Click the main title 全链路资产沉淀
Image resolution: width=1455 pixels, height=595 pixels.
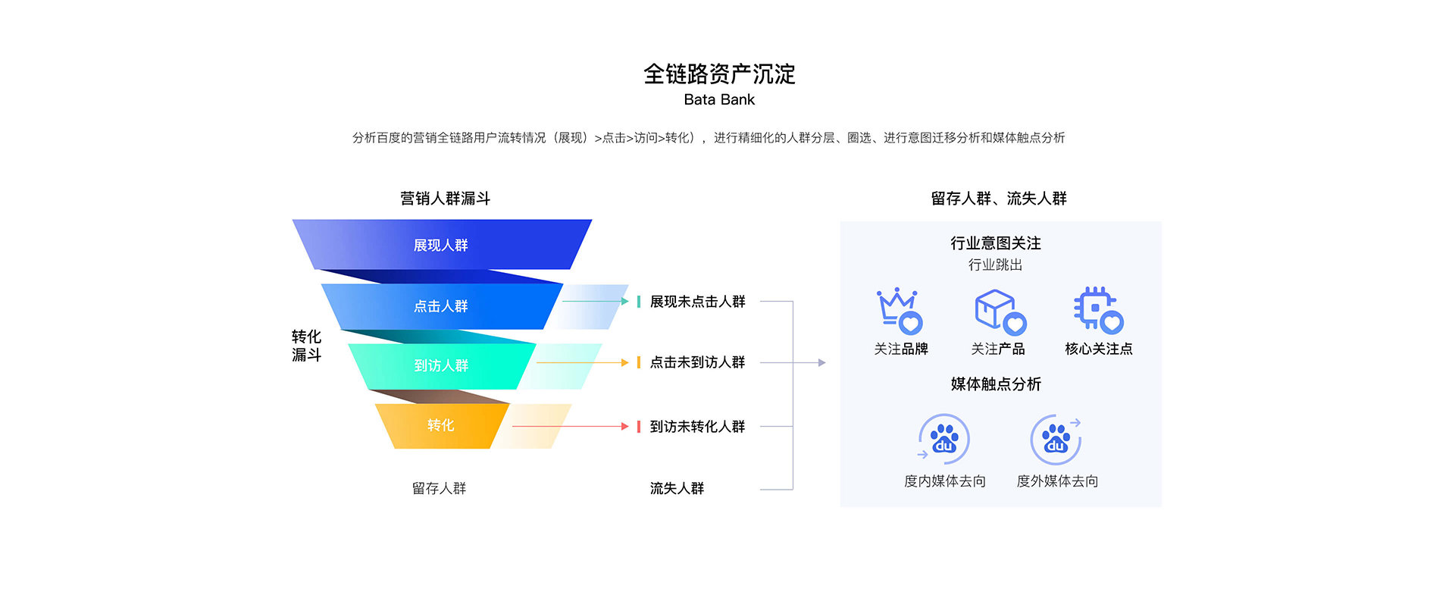(719, 74)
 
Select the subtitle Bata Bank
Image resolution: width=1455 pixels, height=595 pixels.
(719, 99)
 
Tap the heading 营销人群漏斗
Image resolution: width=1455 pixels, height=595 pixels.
(446, 199)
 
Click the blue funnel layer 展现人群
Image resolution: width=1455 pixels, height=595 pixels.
(442, 245)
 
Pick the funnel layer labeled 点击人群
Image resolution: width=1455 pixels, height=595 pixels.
(442, 306)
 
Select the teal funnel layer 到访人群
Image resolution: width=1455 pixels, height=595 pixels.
(442, 366)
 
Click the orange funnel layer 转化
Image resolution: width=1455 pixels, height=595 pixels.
(442, 425)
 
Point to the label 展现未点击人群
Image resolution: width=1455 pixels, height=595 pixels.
(697, 302)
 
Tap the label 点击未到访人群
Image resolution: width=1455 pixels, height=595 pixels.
(697, 362)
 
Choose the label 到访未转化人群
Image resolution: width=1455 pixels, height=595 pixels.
(697, 427)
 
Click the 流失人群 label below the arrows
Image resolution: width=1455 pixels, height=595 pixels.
(677, 489)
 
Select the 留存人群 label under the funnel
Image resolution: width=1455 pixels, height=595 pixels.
(440, 489)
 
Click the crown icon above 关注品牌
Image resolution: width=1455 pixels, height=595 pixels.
(900, 311)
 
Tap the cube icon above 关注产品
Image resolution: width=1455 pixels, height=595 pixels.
(1000, 312)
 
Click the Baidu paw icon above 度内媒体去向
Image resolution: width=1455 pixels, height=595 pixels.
(943, 438)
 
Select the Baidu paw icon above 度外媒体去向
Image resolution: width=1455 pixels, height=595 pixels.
(1056, 439)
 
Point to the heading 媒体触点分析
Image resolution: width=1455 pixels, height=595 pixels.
(996, 384)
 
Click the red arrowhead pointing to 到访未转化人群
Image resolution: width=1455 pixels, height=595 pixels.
(625, 427)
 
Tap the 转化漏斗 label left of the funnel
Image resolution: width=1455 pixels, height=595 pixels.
(307, 346)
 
